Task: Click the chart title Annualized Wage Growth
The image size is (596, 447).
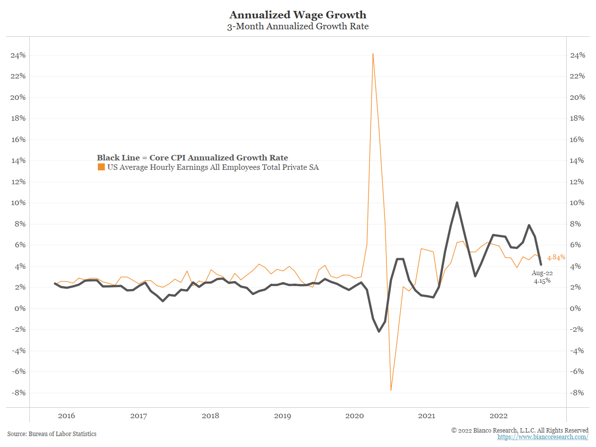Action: (x=298, y=15)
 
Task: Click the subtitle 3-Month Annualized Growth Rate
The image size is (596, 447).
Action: (x=298, y=27)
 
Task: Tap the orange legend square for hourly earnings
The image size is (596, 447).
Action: (x=101, y=167)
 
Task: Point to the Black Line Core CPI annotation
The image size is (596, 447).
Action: (x=192, y=158)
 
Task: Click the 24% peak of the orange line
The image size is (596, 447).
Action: (x=372, y=54)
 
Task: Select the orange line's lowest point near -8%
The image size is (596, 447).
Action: (x=391, y=390)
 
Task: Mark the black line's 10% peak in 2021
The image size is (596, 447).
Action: (x=457, y=203)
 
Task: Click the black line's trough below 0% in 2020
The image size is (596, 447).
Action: (x=379, y=331)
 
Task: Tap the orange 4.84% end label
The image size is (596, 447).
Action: (x=556, y=258)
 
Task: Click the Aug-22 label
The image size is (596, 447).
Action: (x=542, y=273)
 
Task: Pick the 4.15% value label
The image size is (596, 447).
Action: (x=542, y=281)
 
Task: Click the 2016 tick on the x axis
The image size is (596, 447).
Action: (x=66, y=415)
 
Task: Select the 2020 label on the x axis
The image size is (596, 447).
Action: (x=355, y=415)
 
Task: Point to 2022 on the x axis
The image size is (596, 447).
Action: (x=499, y=415)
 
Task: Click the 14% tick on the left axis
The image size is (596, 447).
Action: (x=17, y=160)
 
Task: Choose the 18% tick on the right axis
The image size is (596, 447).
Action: (x=577, y=118)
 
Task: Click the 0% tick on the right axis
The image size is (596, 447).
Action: (x=575, y=308)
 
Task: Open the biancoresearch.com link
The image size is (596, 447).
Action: (x=543, y=437)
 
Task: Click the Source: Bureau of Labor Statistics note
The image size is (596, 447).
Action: (x=52, y=434)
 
